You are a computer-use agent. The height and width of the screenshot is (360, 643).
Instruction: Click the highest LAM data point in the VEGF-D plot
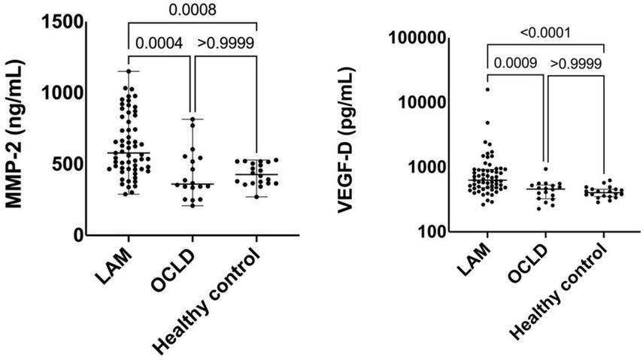point(487,89)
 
